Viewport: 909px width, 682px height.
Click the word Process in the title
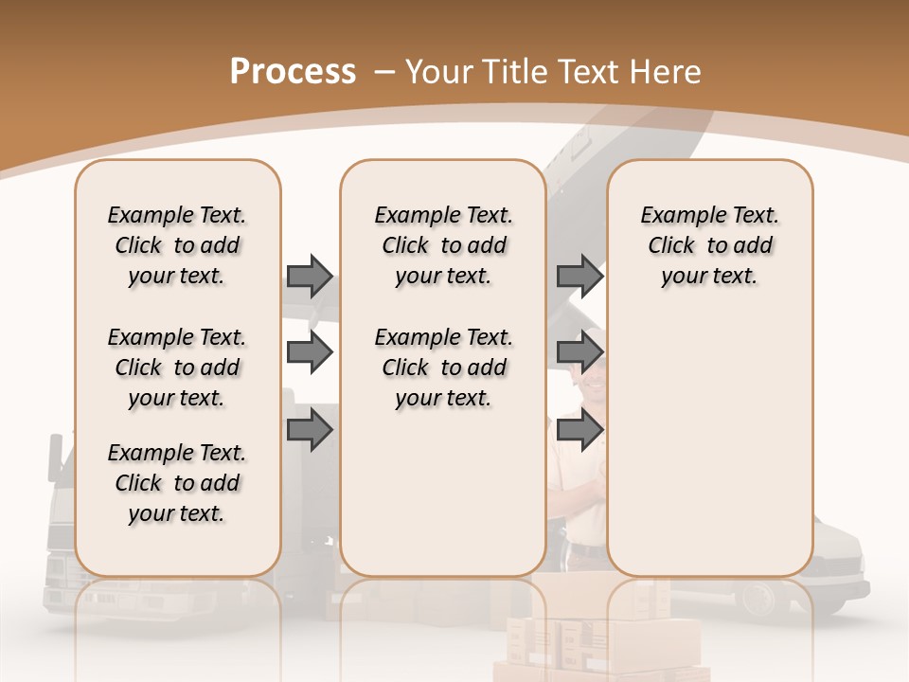coord(293,71)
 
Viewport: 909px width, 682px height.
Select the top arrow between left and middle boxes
coord(310,276)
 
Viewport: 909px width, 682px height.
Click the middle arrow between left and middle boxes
coord(310,353)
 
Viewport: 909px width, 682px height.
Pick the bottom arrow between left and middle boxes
coord(310,431)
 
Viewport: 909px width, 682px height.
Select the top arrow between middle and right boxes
coord(579,276)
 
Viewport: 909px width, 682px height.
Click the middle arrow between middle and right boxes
coord(579,353)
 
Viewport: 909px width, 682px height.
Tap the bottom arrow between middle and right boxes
coord(579,431)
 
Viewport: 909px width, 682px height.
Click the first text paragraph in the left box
coord(177,245)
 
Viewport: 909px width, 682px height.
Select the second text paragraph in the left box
coord(177,368)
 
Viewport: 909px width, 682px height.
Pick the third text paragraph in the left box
coord(177,483)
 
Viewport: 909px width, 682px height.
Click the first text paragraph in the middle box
coord(443,245)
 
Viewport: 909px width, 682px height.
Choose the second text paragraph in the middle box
coord(443,368)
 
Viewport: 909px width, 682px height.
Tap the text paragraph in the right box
coord(709,245)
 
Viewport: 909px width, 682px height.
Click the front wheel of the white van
coord(757,598)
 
